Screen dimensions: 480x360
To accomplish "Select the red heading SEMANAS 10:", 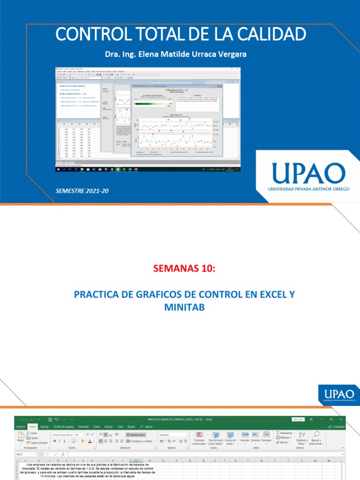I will [x=180, y=268].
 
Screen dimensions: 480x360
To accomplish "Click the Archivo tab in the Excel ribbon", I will [x=21, y=427].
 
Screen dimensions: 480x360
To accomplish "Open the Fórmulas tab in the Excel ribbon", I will [x=84, y=427].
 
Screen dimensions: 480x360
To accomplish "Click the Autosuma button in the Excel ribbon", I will [x=286, y=433].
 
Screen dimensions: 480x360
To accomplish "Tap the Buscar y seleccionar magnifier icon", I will [x=316, y=435].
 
